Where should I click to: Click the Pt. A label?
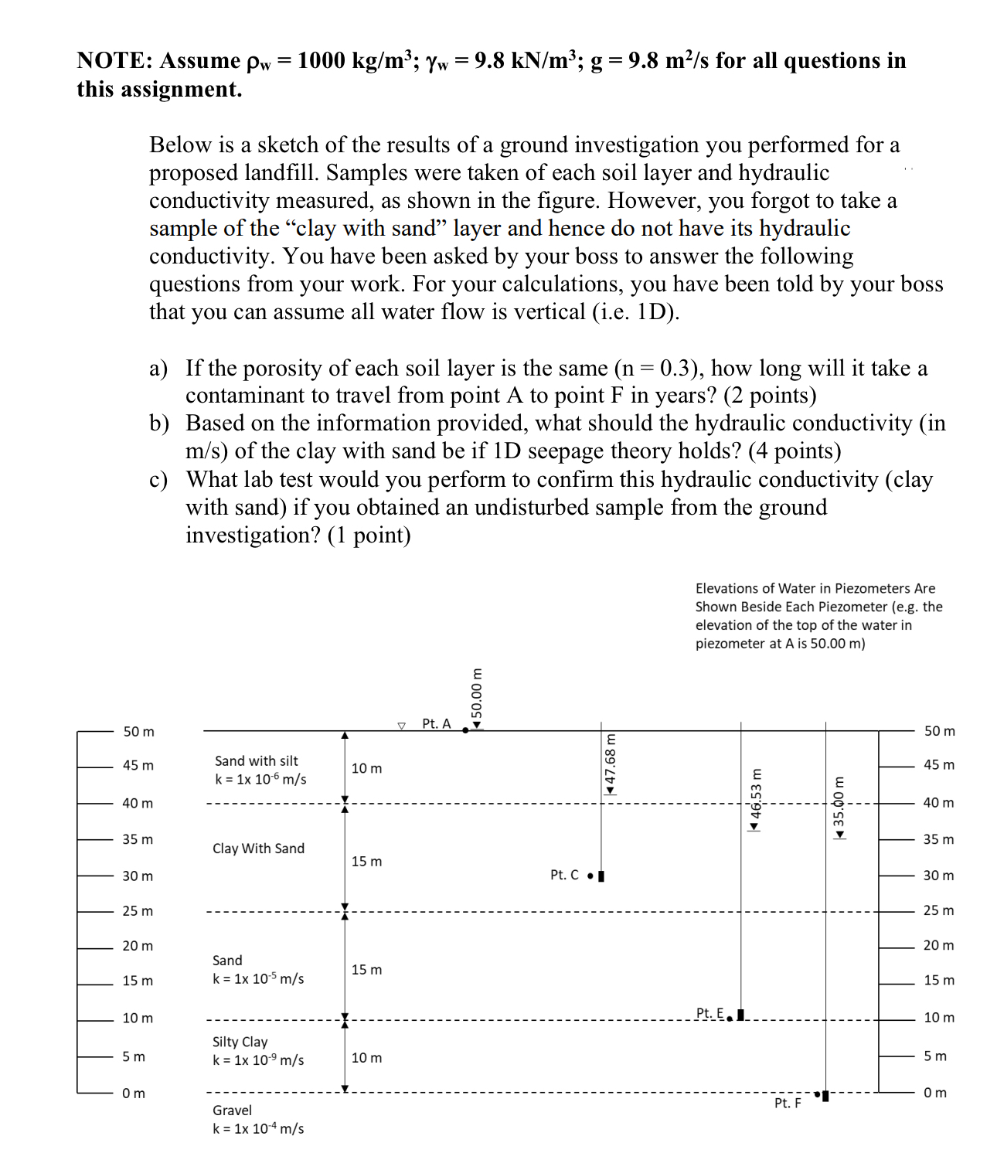436,724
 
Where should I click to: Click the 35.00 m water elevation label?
839,804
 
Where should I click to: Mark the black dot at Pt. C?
590,876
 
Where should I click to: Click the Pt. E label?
709,1012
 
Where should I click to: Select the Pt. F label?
788,1103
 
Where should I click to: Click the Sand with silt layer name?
256,761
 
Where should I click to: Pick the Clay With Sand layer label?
258,849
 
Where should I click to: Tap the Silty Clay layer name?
240,1042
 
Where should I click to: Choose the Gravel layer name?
232,1110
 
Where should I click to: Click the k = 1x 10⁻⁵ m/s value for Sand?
258,979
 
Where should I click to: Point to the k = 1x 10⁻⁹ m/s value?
258,1060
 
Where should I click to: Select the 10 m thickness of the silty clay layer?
366,1058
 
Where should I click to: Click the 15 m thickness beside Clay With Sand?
366,862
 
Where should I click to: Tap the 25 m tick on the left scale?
138,911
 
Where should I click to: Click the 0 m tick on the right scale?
935,1093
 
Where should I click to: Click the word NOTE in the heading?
114,61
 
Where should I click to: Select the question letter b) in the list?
158,423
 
